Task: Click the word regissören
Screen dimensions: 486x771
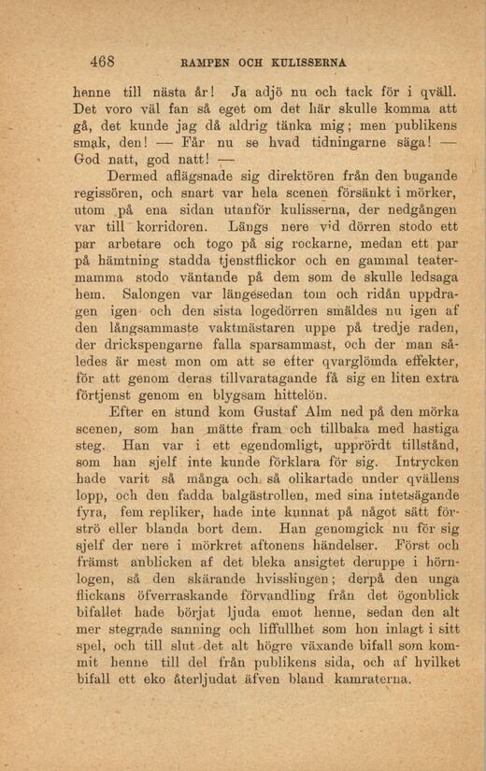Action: pos(107,193)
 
